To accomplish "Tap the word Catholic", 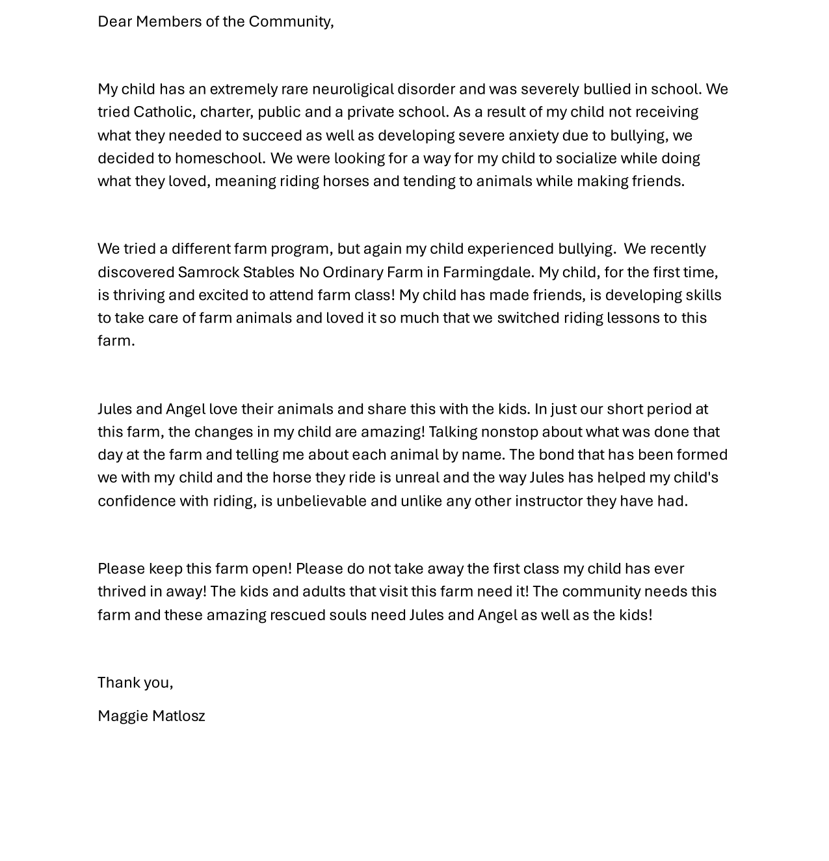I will click(x=163, y=112).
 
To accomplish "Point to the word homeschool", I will click(x=220, y=158).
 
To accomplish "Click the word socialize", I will click(x=586, y=158).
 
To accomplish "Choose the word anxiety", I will click(x=533, y=135).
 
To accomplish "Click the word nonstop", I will click(x=509, y=431).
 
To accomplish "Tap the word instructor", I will click(x=548, y=501).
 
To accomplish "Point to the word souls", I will click(x=348, y=615).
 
